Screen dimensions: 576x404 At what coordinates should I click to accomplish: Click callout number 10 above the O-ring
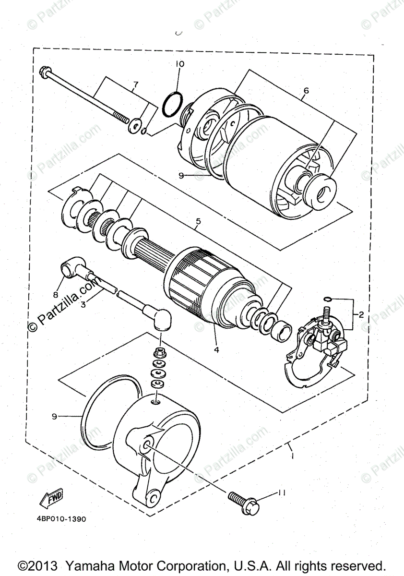tap(179, 64)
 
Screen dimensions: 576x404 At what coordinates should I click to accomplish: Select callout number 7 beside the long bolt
tap(136, 84)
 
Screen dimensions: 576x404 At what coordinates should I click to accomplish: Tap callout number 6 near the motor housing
tap(306, 90)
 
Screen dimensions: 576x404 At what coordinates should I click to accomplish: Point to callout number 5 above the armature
tap(198, 222)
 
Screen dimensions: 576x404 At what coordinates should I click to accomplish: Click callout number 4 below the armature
tap(216, 350)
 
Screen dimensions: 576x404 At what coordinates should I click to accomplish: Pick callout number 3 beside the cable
tap(83, 303)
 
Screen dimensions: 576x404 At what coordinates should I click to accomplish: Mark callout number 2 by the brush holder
tap(361, 315)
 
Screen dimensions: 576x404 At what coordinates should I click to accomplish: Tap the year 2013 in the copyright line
tap(44, 565)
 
